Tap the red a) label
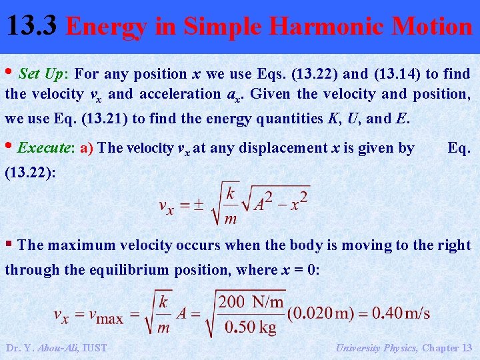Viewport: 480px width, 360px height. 87,147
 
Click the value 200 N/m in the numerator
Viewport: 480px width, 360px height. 251,301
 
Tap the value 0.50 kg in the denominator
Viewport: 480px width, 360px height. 249,328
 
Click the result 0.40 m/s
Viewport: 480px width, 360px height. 401,313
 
